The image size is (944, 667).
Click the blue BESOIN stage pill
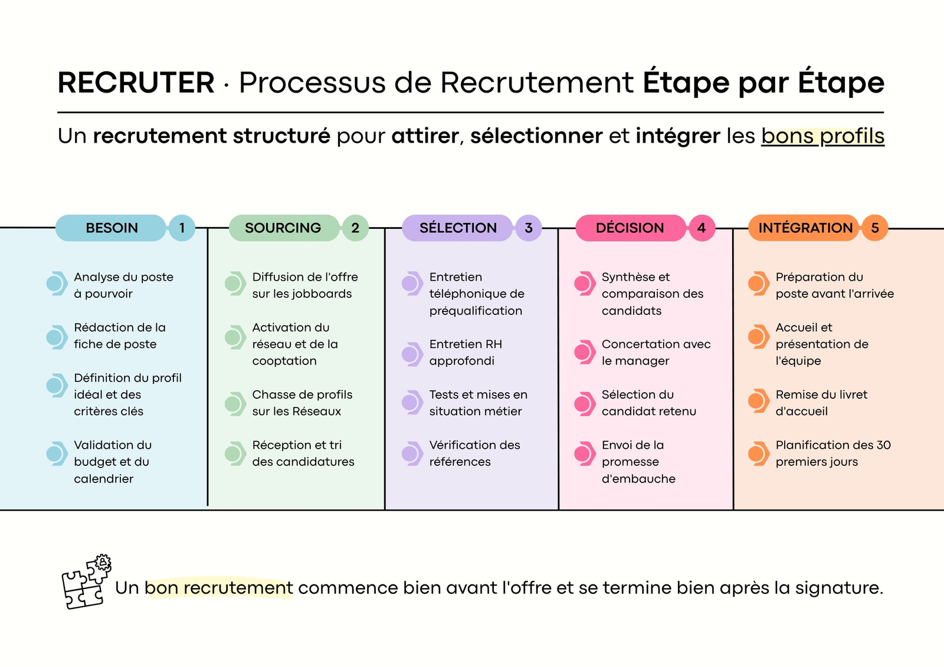111,228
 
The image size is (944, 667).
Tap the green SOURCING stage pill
284,228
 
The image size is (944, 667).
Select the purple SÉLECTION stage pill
458,228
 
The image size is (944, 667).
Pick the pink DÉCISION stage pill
631,228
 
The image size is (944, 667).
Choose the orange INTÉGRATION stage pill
804,228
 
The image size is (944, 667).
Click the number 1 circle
182,228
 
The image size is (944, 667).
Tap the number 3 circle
529,228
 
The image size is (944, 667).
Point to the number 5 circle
875,228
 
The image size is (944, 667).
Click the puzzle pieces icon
86,581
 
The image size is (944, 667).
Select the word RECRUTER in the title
136,82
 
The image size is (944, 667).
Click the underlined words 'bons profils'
822,136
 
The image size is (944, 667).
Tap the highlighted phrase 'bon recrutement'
219,588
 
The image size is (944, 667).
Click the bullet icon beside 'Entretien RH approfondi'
412,354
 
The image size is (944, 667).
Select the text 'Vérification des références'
474,454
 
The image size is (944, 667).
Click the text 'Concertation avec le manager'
656,353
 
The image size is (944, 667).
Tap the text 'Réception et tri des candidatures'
303,454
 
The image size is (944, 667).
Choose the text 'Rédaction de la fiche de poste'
120,336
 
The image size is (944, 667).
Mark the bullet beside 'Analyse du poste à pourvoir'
57,283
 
